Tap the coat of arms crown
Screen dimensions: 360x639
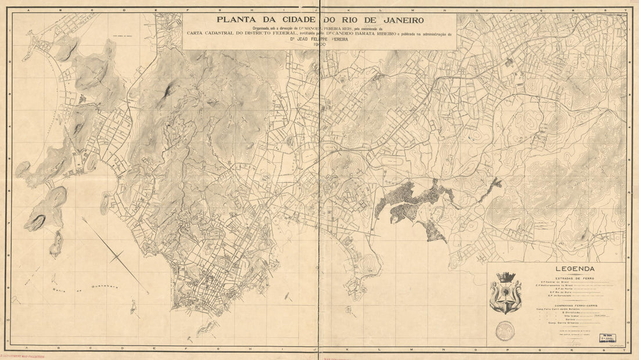point(505,277)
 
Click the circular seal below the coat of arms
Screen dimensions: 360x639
point(505,331)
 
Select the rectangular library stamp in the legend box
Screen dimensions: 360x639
point(608,337)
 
